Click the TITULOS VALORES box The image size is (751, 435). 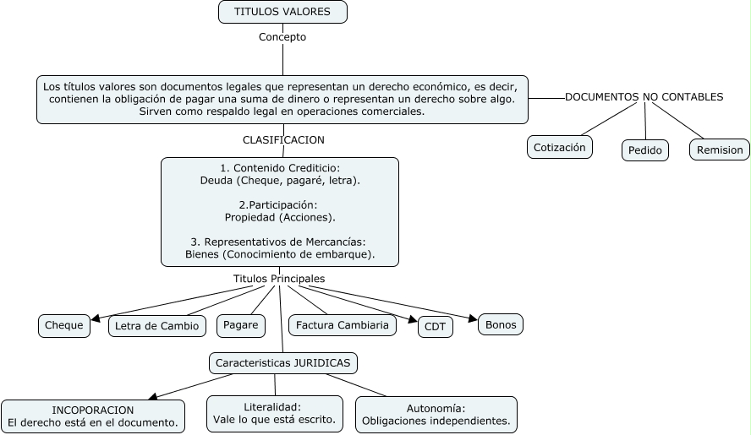coord(282,12)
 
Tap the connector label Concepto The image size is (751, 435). coord(282,37)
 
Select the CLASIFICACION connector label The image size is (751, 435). coord(283,140)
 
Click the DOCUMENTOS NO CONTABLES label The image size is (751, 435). coord(644,97)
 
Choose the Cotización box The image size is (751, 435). coord(559,147)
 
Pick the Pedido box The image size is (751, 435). coord(644,150)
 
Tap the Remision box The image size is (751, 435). coord(720,150)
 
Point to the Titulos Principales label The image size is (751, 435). coord(279,279)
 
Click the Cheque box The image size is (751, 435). coord(64,325)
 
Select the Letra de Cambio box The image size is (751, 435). coord(157,325)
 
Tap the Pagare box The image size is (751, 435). coord(241,325)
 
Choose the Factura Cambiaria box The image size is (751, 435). coord(343,325)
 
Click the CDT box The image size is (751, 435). coord(436,328)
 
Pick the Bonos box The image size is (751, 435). coord(501,324)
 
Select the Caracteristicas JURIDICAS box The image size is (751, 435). coord(283,363)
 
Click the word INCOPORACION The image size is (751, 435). coord(93,410)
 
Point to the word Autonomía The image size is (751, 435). coord(436,407)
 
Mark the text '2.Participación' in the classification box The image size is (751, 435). coord(279,205)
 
